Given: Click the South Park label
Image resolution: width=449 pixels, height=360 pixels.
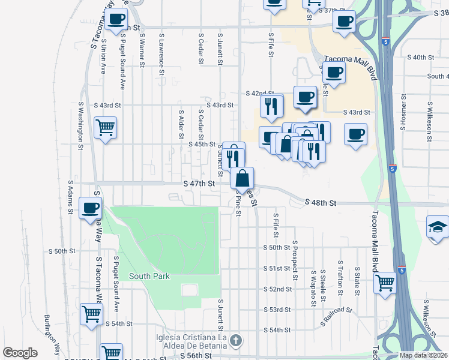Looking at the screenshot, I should (149, 276).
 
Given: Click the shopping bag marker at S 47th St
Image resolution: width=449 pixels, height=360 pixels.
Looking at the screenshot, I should (242, 178).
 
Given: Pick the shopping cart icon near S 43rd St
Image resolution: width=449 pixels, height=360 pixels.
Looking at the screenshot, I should (105, 128).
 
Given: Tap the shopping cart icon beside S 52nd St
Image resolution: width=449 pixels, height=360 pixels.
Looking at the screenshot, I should (385, 281).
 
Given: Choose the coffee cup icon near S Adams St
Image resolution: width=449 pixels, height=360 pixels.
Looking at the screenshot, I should (91, 208).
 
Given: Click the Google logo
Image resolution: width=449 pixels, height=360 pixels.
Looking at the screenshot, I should (20, 353).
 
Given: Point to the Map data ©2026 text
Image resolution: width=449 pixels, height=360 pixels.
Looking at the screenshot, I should (423, 355).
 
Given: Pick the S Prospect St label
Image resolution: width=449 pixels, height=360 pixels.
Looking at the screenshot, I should (295, 260).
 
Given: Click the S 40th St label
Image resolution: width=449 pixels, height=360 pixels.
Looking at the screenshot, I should (420, 57).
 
